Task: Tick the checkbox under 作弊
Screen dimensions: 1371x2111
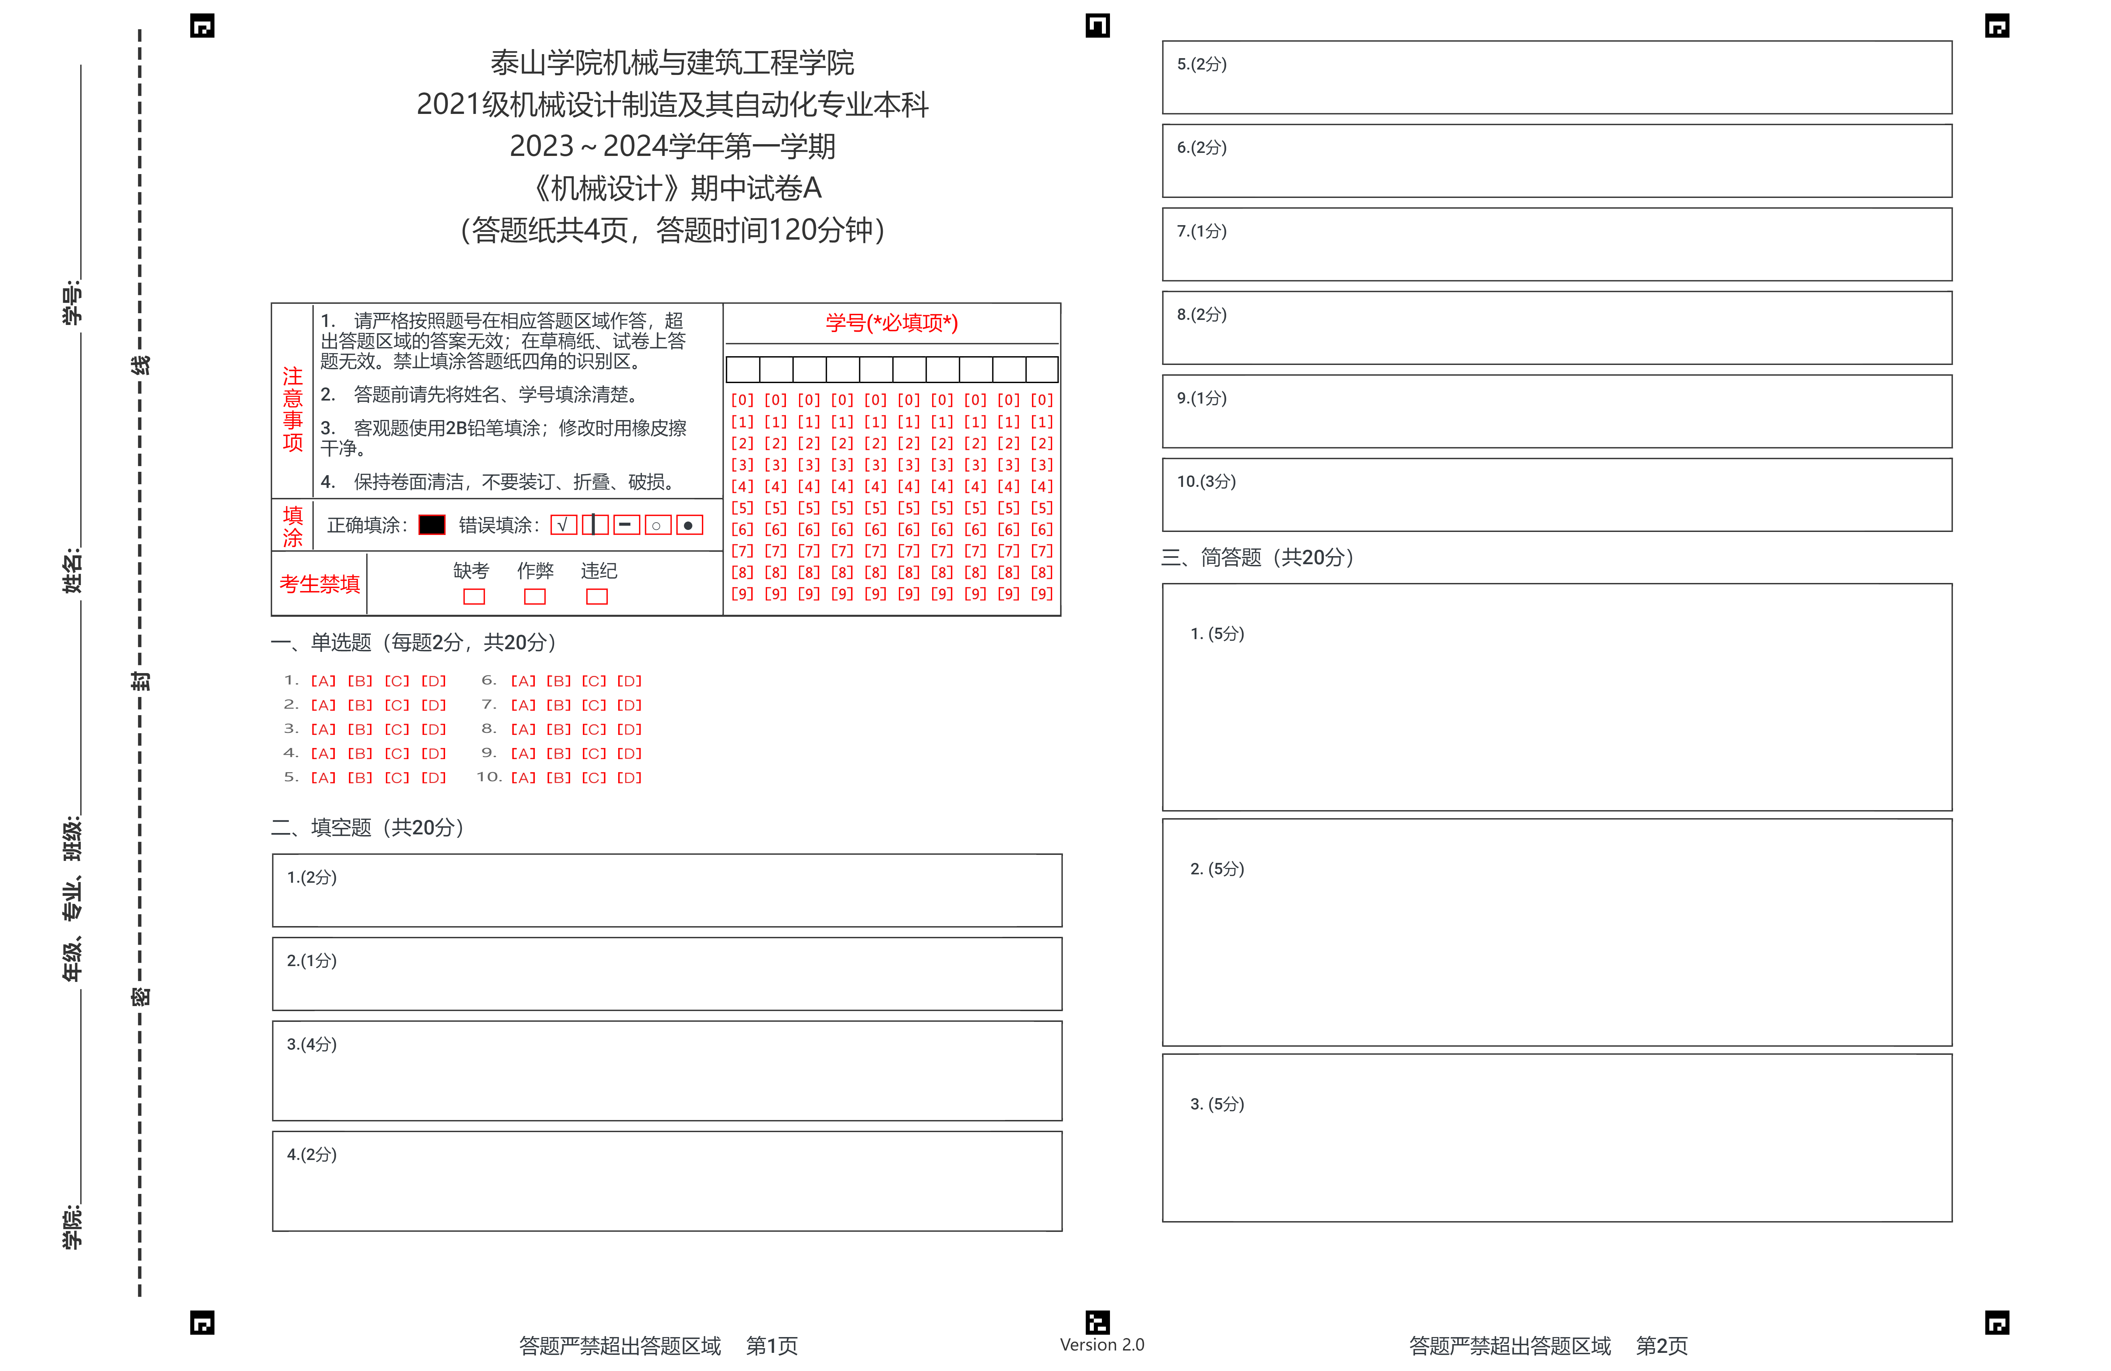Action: click(535, 597)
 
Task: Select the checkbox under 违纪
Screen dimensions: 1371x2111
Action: click(597, 597)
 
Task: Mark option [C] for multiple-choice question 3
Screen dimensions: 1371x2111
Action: click(396, 729)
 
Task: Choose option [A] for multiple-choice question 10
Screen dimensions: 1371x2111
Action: click(522, 778)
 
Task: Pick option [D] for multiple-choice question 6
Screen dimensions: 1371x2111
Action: click(629, 681)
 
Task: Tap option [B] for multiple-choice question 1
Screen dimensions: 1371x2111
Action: click(359, 681)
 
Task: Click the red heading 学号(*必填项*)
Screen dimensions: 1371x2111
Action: click(891, 323)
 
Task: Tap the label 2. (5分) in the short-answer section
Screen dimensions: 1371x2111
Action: click(1217, 869)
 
